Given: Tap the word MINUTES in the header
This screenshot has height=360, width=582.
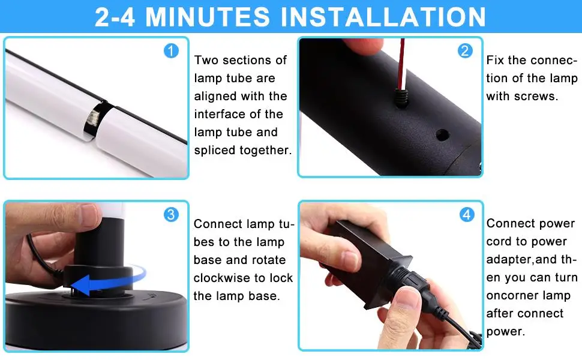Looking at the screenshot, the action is [x=207, y=17].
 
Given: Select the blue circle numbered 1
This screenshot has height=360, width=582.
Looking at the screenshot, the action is [x=171, y=50].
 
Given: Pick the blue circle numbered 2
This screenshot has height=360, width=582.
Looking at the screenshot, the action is [x=465, y=50].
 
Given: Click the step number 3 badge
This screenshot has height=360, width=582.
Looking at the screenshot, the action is [x=171, y=214].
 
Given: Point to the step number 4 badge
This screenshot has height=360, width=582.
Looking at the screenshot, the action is [x=467, y=214].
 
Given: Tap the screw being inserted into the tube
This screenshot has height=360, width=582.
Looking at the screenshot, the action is [x=401, y=97].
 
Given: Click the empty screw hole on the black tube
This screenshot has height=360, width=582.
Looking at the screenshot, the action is [x=442, y=135].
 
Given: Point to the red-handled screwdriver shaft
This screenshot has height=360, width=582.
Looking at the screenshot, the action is [x=401, y=63].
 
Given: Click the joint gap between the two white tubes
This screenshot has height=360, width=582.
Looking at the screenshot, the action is [x=97, y=120].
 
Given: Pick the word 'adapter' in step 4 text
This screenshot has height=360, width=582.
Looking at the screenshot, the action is [x=509, y=259].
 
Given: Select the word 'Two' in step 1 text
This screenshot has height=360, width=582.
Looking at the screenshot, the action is [x=206, y=60].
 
